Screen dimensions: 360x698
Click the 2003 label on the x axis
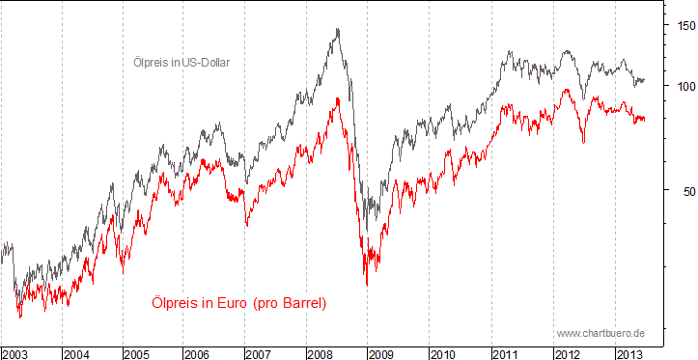15,353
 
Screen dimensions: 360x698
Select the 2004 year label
77,353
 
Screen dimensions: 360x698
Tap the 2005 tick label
139,353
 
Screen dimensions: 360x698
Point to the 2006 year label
200,353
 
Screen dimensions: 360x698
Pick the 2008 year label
322,353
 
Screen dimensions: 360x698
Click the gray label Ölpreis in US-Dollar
181,63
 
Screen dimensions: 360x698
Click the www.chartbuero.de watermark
600,333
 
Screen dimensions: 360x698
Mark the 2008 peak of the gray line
337,29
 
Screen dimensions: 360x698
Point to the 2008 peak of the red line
337,97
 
